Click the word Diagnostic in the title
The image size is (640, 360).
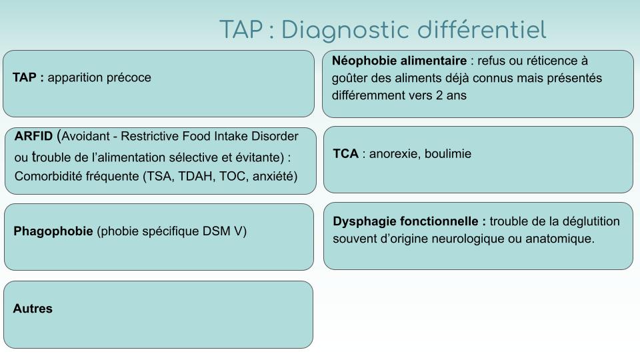[x=345, y=31]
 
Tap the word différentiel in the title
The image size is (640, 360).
[x=481, y=30]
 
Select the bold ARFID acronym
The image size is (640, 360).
[x=33, y=136]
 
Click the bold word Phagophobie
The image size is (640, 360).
[x=53, y=231]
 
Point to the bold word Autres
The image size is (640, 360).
[x=33, y=308]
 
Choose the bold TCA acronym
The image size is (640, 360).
[x=346, y=153]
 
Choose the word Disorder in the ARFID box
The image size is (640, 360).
[x=275, y=136]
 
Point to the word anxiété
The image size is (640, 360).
[x=275, y=176]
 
